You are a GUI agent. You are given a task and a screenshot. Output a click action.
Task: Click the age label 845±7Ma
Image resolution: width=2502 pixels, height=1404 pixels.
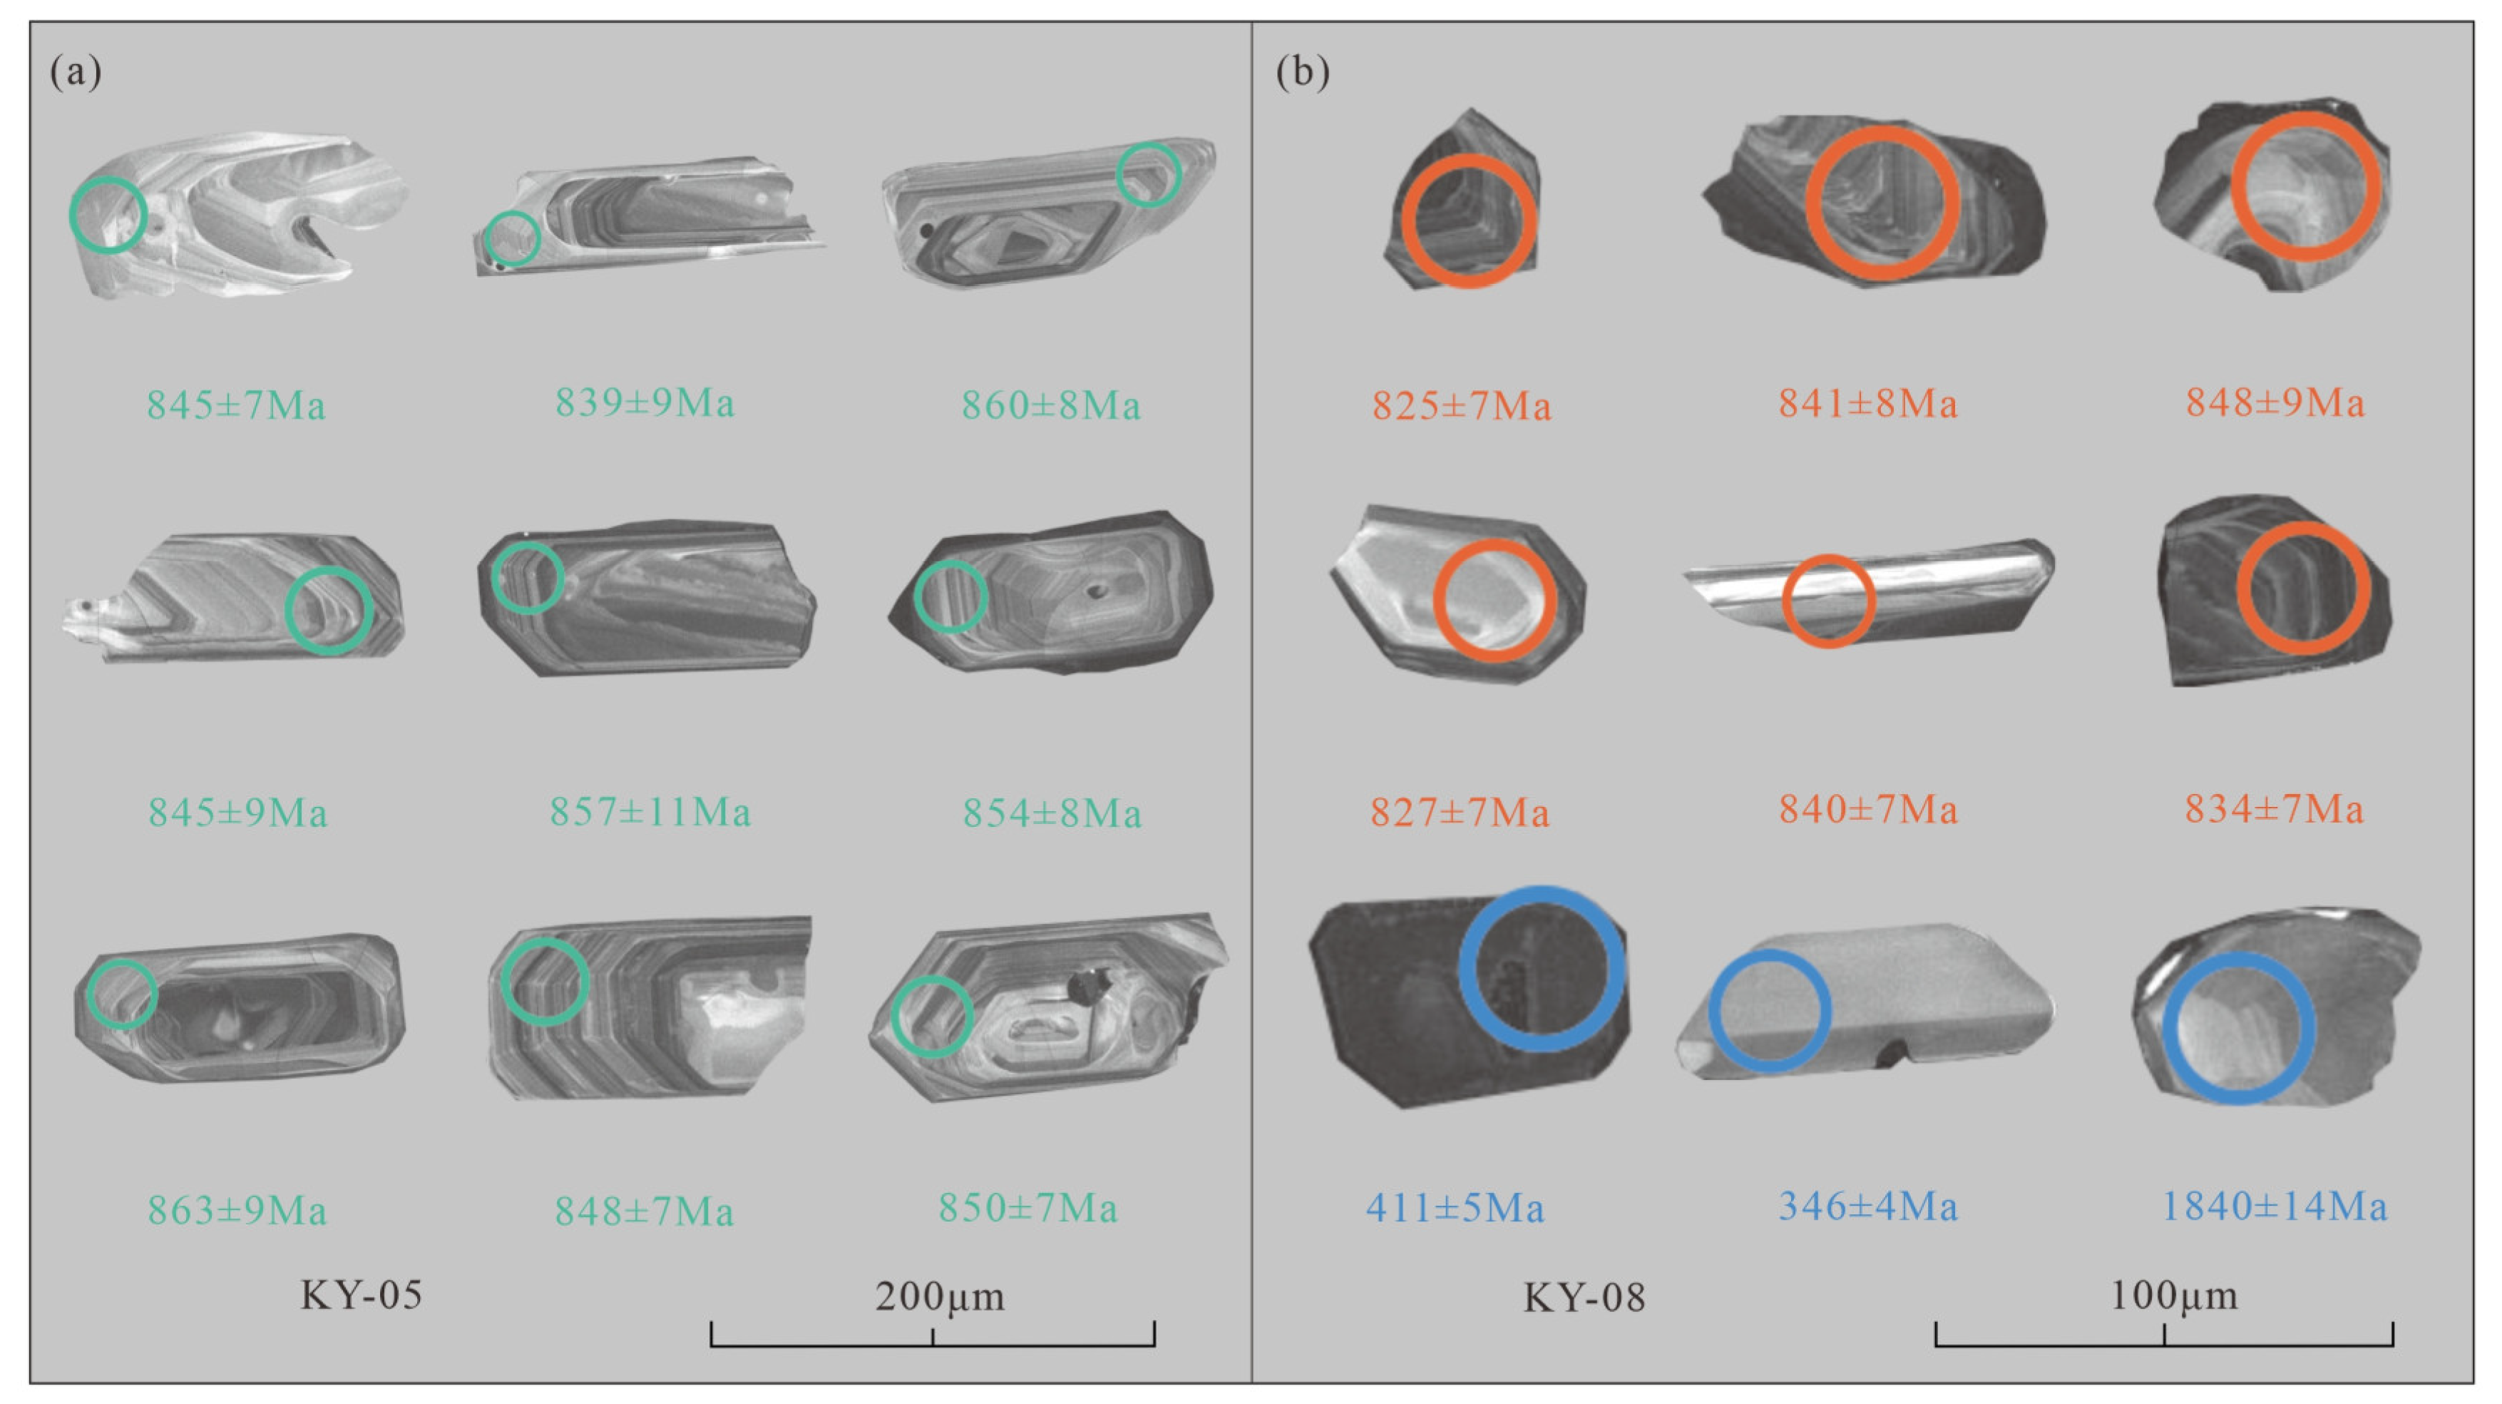pyautogui.click(x=236, y=405)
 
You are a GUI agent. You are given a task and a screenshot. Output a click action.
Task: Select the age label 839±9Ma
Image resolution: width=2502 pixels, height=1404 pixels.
pyautogui.click(x=644, y=402)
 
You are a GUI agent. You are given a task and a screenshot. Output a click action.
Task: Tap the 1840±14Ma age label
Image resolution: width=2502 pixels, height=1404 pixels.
pyautogui.click(x=2274, y=1207)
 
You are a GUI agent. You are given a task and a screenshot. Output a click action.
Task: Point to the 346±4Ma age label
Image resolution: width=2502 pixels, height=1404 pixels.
pyautogui.click(x=1867, y=1207)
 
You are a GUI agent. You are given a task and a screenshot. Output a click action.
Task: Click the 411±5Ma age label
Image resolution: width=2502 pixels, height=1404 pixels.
pyautogui.click(x=1455, y=1209)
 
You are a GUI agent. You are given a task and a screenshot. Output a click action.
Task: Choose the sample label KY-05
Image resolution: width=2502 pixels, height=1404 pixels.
pyautogui.click(x=362, y=1295)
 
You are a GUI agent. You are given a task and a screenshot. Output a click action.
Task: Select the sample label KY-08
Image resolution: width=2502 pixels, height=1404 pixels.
pyautogui.click(x=1584, y=1297)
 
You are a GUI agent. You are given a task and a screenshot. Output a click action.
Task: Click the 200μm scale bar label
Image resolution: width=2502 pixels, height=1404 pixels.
pyautogui.click(x=939, y=1295)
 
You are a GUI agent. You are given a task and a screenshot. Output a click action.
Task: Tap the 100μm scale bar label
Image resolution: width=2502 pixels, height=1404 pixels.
pyautogui.click(x=2174, y=1295)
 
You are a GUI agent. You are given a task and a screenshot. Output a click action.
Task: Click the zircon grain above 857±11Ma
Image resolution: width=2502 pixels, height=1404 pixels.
pyautogui.click(x=647, y=598)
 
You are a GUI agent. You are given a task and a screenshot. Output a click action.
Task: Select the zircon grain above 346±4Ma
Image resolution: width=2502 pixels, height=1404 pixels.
pyautogui.click(x=1865, y=1001)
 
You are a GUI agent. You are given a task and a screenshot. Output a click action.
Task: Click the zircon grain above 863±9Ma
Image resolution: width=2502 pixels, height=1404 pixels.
pyautogui.click(x=239, y=1007)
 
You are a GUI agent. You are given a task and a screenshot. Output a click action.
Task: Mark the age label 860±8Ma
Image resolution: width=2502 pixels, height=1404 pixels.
pyautogui.click(x=1051, y=405)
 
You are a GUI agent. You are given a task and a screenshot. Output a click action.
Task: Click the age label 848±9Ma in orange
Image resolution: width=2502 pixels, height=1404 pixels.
pyautogui.click(x=2275, y=402)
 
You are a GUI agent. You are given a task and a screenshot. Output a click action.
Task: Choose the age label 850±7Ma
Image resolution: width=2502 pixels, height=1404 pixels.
pyautogui.click(x=1027, y=1208)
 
